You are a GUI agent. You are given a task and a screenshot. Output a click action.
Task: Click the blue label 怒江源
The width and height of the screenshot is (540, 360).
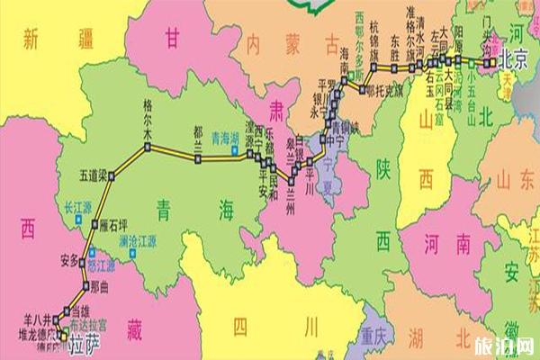[101, 266]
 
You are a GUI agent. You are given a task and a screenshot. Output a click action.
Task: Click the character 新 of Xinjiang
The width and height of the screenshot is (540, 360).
[36, 40]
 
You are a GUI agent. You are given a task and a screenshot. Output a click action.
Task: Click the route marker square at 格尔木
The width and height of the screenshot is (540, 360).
[147, 146]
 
